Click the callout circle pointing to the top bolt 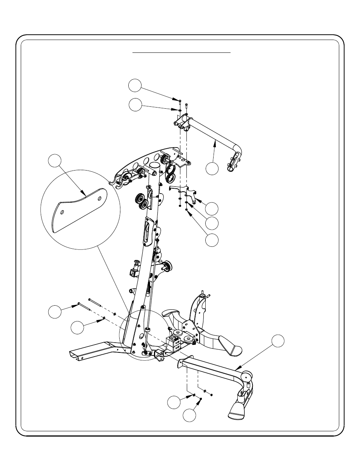[x=134, y=86]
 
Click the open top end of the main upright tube [x=155, y=165]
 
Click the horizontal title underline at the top [x=181, y=53]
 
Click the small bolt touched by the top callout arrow [x=180, y=101]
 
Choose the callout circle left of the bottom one [x=174, y=402]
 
